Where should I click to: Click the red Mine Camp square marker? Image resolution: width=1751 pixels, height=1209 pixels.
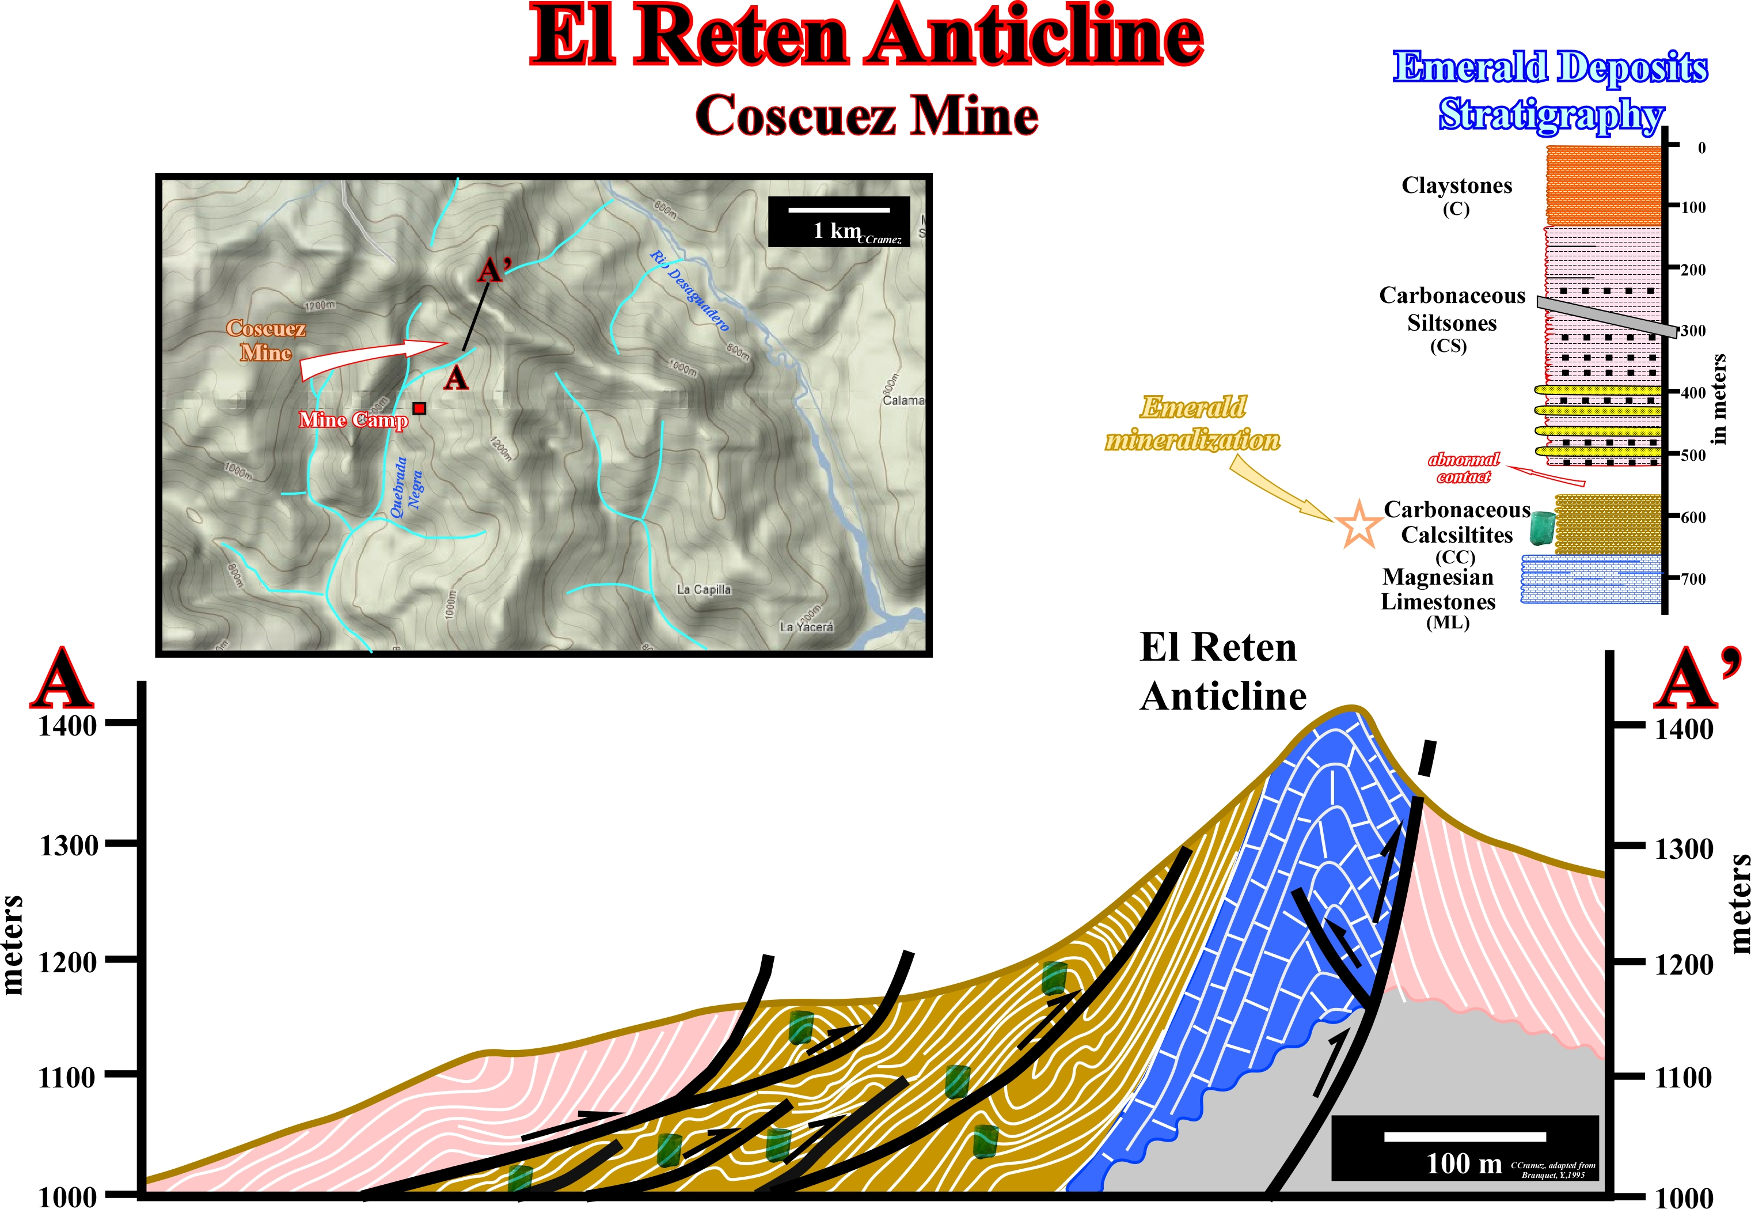tap(419, 408)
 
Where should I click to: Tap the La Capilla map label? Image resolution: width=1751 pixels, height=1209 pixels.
tap(704, 589)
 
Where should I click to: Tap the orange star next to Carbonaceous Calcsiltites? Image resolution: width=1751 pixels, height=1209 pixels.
tap(1359, 524)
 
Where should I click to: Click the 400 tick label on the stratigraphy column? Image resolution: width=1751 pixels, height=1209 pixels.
tap(1693, 393)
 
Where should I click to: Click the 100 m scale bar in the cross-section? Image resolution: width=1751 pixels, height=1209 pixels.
tap(1464, 1136)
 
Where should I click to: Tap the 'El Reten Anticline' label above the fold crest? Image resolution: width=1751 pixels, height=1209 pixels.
tap(1222, 672)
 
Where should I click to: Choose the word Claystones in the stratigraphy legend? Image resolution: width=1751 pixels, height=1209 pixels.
tap(1456, 185)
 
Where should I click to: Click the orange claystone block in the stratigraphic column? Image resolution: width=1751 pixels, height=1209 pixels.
tap(1602, 185)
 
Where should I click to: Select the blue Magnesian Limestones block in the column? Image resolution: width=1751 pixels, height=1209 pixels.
tap(1590, 579)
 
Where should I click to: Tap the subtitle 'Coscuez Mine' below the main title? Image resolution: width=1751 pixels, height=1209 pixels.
tap(867, 116)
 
